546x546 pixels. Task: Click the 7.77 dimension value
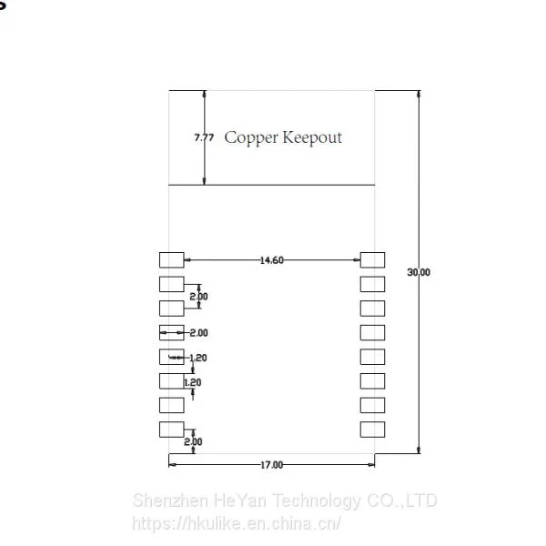[204, 137]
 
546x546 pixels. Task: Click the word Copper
[251, 138]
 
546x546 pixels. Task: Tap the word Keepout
[312, 137]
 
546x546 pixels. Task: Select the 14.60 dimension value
[271, 260]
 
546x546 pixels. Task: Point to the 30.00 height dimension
[419, 272]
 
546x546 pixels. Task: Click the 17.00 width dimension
[271, 465]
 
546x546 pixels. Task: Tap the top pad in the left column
[172, 260]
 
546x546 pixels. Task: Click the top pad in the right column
[372, 260]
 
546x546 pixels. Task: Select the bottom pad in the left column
[172, 430]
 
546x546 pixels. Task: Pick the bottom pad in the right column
[372, 430]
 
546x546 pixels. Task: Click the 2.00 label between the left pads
[198, 297]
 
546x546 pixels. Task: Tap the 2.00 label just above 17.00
[193, 442]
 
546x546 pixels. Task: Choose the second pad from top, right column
[372, 284]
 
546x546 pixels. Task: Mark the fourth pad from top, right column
[372, 332]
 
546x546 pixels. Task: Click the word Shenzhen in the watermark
[171, 500]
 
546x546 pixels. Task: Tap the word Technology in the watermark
[316, 501]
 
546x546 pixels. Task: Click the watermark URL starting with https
[237, 523]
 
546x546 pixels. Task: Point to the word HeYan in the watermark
[240, 500]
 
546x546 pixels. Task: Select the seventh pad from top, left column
[172, 405]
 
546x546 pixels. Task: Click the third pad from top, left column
[172, 308]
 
